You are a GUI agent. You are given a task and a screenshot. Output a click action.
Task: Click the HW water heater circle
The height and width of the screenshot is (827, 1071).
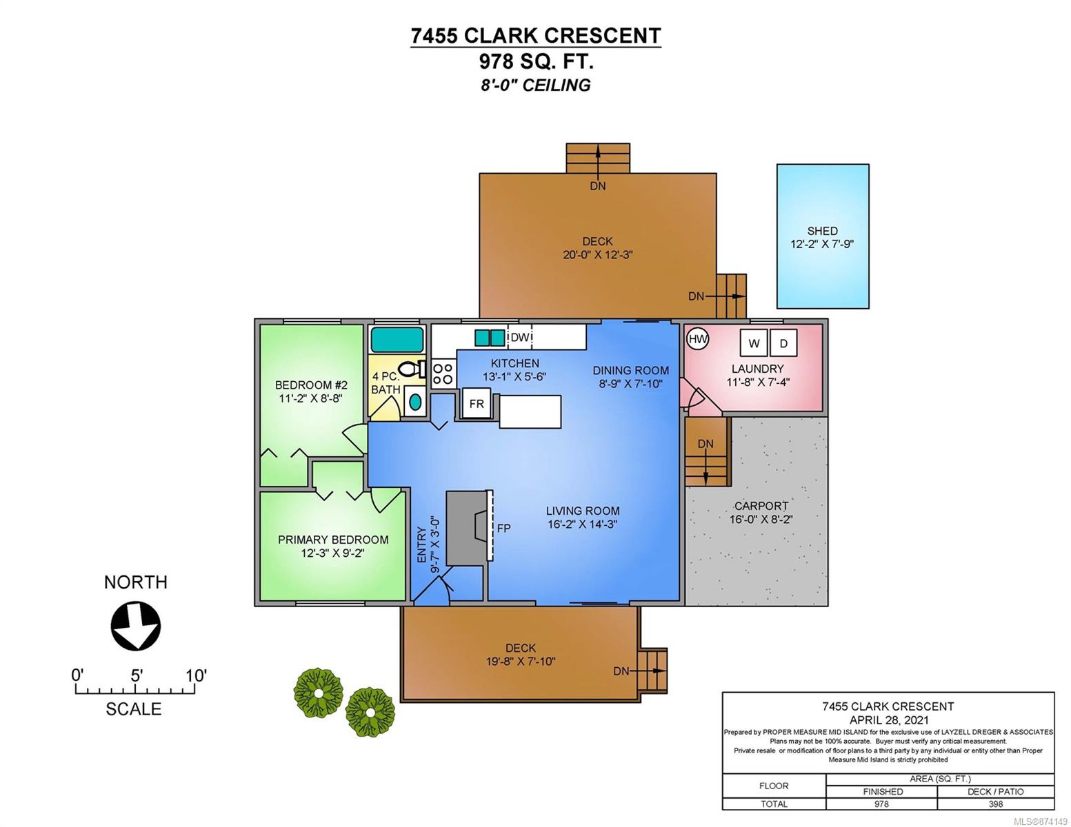[697, 339]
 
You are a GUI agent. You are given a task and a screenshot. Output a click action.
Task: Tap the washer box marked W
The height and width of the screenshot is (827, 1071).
[754, 343]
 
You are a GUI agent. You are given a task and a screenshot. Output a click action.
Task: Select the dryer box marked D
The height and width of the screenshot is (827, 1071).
[783, 343]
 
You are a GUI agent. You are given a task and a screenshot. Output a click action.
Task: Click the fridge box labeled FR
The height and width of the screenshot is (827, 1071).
[476, 403]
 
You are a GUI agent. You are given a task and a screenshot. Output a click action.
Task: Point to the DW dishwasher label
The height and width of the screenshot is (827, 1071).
[520, 338]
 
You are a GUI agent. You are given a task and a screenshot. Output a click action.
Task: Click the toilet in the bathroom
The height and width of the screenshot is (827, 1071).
[412, 369]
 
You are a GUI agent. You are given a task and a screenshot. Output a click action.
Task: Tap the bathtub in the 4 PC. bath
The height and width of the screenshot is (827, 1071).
[397, 340]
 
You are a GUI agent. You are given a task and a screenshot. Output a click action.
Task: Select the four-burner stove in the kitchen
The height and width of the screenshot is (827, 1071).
[443, 374]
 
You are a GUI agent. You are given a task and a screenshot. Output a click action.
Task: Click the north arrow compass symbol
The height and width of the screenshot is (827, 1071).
[136, 626]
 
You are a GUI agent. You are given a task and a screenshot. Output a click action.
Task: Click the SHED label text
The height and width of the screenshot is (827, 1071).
[822, 231]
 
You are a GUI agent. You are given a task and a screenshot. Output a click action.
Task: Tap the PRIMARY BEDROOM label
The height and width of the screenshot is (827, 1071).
[333, 540]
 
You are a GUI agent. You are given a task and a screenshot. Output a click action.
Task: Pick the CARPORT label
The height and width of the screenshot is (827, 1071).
[761, 506]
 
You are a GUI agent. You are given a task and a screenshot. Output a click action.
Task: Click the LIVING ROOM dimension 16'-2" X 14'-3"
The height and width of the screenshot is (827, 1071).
[582, 524]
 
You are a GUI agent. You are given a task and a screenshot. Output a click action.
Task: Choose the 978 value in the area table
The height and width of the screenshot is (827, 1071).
[882, 804]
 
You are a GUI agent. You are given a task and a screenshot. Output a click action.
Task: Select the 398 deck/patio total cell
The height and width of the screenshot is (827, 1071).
[996, 804]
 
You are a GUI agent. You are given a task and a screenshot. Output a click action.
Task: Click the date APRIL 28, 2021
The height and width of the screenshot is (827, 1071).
[889, 720]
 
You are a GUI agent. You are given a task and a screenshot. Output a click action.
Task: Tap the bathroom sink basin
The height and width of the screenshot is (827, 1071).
[415, 401]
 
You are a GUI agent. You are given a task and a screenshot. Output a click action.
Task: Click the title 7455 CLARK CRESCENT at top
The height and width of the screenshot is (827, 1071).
[536, 36]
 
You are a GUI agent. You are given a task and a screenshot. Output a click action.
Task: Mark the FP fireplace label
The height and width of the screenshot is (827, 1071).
[503, 528]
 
